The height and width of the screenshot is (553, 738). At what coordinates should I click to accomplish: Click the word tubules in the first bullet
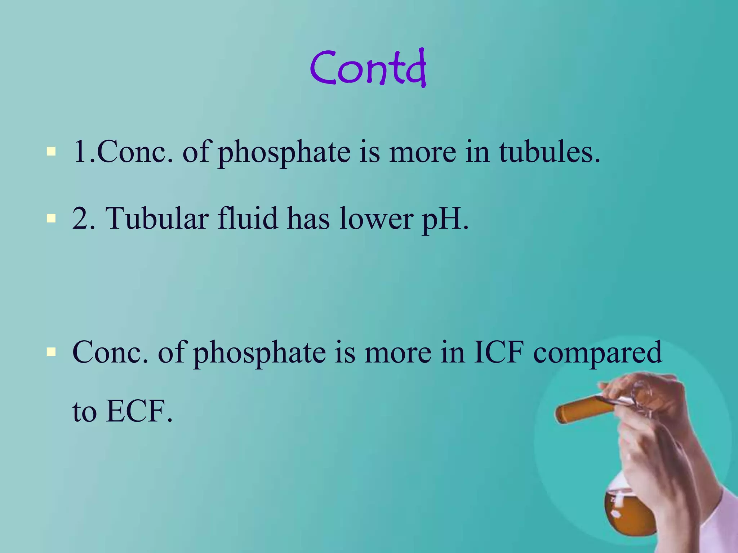[549, 152]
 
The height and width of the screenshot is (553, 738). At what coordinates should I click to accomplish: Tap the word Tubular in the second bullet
[157, 218]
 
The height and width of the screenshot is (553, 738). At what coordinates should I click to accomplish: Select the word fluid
[248, 218]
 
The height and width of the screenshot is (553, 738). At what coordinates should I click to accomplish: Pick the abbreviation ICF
[498, 352]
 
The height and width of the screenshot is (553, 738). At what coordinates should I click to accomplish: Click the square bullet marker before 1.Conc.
[51, 151]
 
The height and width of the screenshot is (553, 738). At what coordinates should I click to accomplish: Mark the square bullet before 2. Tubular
[51, 218]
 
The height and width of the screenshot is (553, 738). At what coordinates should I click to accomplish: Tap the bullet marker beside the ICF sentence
[51, 351]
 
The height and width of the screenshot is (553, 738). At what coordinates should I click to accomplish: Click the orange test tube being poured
[580, 409]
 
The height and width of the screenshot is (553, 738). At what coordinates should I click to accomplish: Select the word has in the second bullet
[308, 218]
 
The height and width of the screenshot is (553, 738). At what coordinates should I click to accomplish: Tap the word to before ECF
[85, 412]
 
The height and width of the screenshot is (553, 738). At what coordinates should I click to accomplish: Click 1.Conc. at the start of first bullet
[123, 152]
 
